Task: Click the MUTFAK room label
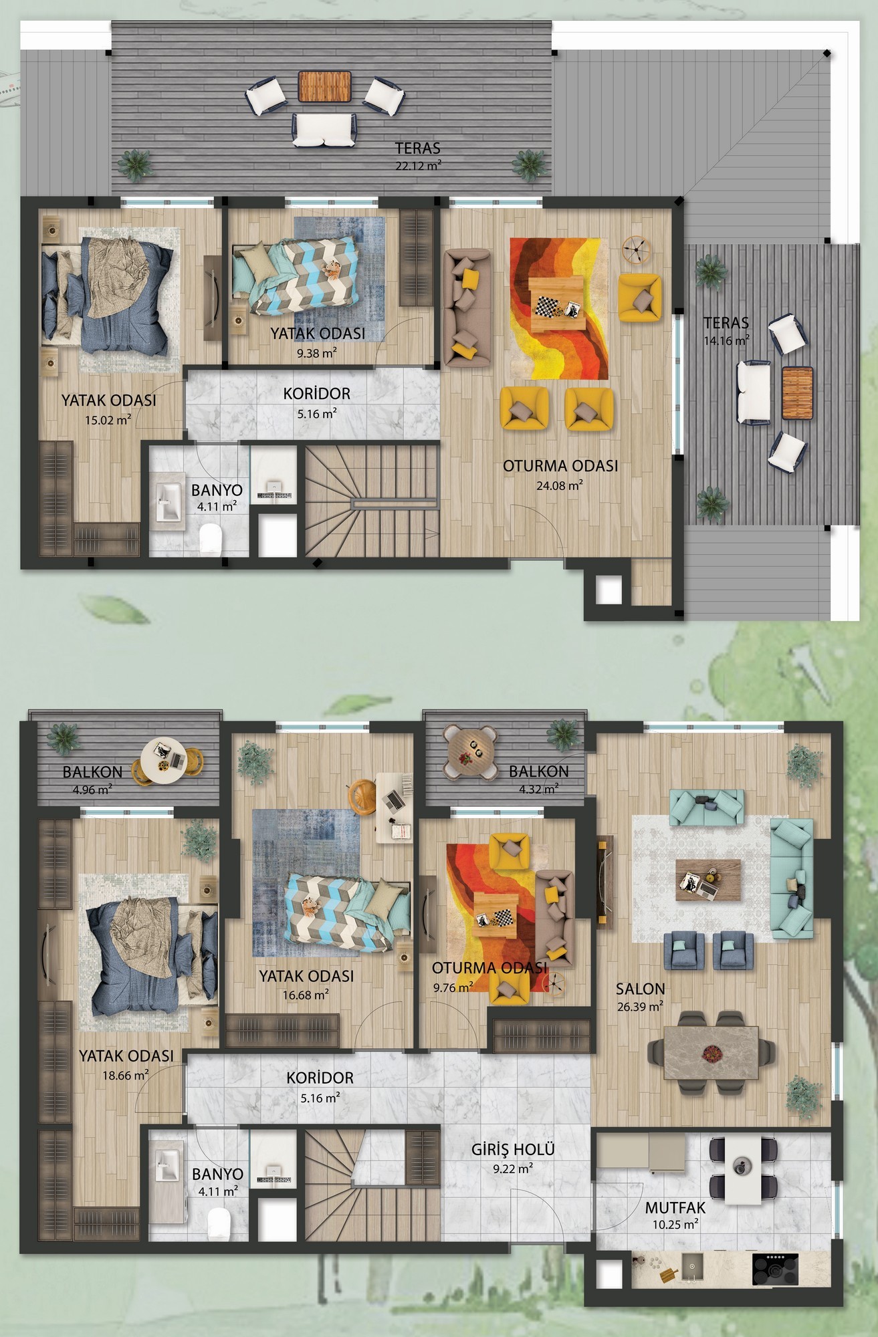tap(675, 1209)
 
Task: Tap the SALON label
tap(641, 989)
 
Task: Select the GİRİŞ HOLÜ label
tap(514, 1150)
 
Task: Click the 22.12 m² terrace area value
tap(418, 166)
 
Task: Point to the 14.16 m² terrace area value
tap(726, 340)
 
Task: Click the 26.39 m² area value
tap(640, 1006)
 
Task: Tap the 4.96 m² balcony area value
tap(91, 788)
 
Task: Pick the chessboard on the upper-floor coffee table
tap(548, 308)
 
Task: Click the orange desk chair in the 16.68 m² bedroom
tap(362, 796)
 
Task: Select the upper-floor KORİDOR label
tap(317, 394)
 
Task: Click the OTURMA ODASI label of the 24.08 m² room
tap(560, 466)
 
